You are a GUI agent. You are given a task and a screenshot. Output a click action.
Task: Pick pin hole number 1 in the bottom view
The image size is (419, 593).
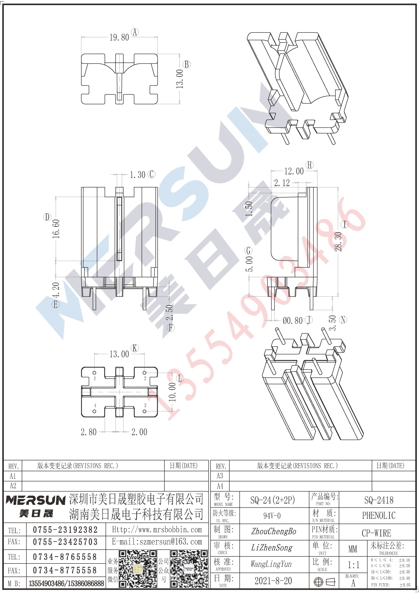click(x=94, y=373)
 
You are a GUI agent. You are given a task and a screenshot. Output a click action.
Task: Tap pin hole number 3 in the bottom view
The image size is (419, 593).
click(x=145, y=411)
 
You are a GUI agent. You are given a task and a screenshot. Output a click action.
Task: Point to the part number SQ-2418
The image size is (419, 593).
click(x=379, y=500)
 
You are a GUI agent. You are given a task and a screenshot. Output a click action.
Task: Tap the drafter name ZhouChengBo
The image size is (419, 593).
click(x=274, y=531)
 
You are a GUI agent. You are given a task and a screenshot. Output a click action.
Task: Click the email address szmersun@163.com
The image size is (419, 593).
click(x=157, y=542)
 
